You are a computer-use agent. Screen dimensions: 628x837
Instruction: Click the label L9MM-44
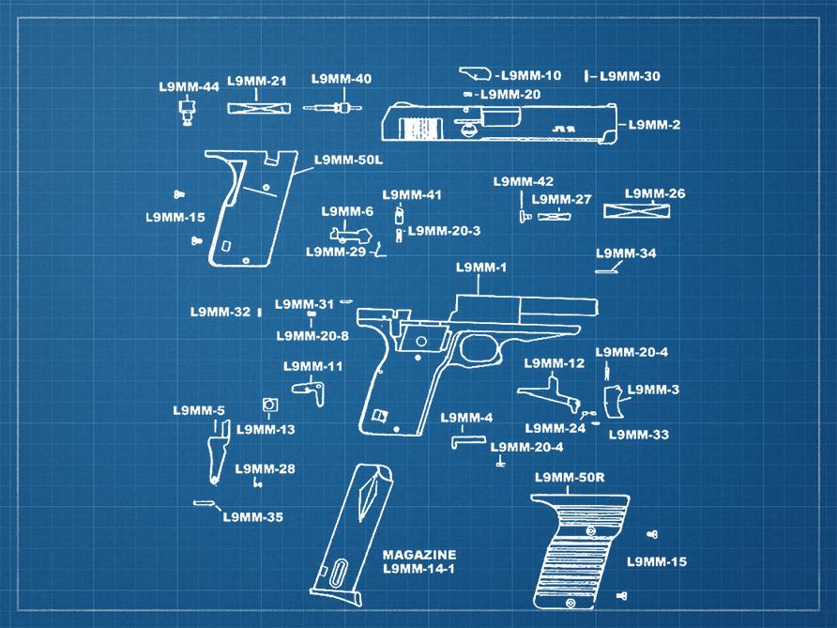point(189,87)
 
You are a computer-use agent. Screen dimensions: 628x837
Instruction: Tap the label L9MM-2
point(654,125)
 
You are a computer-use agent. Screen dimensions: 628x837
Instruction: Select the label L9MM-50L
point(349,160)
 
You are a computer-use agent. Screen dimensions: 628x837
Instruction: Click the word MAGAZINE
point(418,555)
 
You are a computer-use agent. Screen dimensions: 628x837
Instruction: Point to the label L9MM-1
point(481,268)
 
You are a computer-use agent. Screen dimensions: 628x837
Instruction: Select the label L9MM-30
point(630,76)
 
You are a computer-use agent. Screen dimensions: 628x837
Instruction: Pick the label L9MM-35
point(252,517)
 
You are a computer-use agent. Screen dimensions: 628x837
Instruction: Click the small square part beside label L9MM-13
point(270,406)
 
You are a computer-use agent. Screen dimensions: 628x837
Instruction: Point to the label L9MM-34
point(626,253)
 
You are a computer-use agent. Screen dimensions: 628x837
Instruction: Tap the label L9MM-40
point(342,79)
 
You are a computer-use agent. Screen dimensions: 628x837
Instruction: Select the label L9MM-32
point(221,312)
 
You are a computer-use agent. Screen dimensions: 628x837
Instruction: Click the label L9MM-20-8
point(312,335)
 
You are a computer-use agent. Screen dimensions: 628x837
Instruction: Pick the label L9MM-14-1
point(418,570)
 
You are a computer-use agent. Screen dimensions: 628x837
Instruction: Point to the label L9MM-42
point(524,181)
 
